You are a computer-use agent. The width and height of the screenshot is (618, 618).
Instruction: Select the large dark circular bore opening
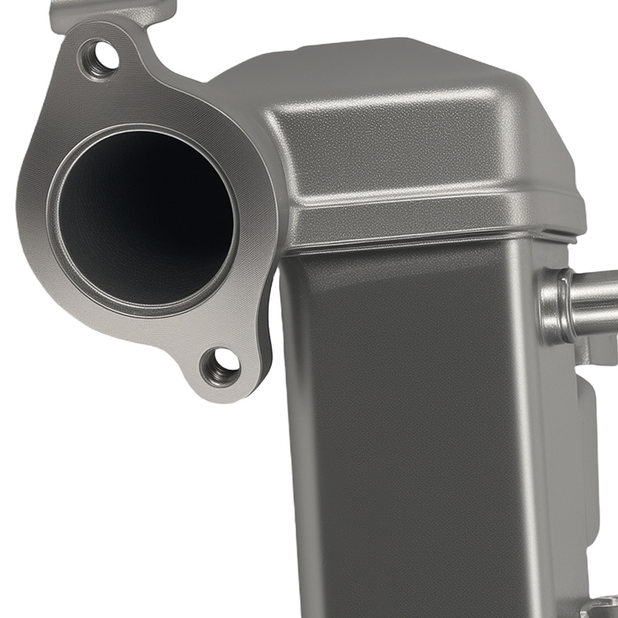[146, 219]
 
